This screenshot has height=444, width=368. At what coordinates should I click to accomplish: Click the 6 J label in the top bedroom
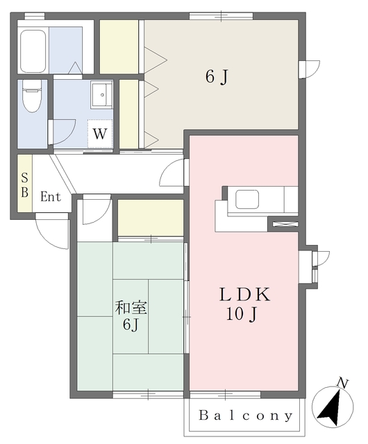[216, 77]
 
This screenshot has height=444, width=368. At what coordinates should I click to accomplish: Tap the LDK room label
[244, 294]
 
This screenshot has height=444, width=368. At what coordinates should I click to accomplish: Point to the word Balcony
[246, 416]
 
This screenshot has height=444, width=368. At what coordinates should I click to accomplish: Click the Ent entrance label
[50, 197]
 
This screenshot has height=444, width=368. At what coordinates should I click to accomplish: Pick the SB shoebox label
[24, 185]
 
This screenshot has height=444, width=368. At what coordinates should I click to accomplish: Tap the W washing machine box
[100, 133]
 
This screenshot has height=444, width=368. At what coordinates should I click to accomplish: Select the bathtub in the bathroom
[33, 50]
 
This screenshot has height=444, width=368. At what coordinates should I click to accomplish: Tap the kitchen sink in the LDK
[248, 199]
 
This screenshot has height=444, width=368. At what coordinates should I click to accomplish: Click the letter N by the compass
[341, 382]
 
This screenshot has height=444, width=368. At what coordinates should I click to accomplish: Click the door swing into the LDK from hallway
[174, 173]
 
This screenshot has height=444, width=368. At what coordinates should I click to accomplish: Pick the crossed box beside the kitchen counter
[283, 224]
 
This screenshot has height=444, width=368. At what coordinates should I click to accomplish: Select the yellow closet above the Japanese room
[150, 217]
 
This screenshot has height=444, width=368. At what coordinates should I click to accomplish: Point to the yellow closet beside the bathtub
[119, 46]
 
